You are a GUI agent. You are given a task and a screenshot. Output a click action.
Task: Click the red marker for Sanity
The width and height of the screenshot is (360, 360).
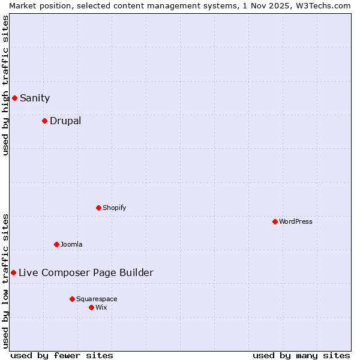tap(14, 98)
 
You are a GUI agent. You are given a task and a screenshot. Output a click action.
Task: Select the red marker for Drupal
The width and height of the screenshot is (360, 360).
tap(44, 121)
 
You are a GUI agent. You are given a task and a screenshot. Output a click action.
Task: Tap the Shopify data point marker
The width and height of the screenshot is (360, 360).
tap(98, 208)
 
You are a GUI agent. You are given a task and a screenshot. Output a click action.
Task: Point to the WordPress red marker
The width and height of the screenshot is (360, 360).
tap(275, 221)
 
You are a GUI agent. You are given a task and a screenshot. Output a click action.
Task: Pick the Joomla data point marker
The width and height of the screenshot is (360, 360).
tap(56, 244)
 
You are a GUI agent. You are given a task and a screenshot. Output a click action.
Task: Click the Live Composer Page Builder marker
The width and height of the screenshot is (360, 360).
tap(13, 272)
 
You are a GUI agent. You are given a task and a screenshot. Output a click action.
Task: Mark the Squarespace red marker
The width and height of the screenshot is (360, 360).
tap(72, 299)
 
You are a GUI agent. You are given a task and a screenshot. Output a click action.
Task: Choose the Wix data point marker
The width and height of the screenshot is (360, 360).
tap(91, 307)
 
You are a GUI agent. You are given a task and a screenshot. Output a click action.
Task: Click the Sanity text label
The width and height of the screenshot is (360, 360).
tap(35, 98)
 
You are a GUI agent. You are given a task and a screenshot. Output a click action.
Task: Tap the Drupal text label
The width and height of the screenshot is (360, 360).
tap(65, 121)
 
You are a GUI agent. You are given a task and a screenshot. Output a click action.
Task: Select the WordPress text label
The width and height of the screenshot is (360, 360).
tap(296, 221)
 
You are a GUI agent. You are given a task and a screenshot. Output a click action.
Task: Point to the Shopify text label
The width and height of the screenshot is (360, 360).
tap(115, 208)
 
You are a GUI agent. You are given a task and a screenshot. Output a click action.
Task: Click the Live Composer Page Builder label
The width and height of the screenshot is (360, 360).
tap(86, 272)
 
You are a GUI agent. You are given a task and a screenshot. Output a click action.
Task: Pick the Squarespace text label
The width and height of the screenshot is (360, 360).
tap(97, 299)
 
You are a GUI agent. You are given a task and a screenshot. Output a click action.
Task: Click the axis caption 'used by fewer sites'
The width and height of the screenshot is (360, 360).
tap(62, 355)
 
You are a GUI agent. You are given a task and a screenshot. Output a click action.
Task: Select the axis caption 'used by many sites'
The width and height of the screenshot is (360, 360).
tap(301, 355)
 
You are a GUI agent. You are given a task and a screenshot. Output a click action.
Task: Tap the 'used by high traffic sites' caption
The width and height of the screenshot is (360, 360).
tap(5, 85)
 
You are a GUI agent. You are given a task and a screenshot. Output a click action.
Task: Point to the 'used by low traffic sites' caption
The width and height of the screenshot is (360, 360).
tap(5, 281)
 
